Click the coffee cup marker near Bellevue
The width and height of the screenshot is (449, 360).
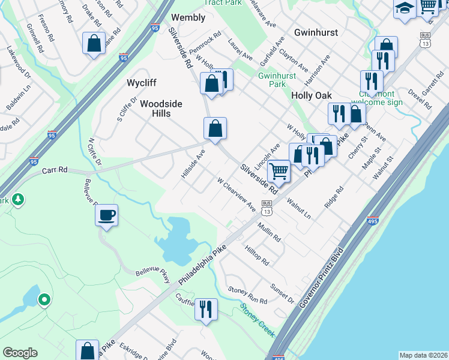tap(107, 215)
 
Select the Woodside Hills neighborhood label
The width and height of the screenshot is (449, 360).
tap(161, 108)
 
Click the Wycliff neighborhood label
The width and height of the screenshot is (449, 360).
tap(142, 82)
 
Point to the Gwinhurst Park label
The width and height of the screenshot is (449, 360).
tap(272, 80)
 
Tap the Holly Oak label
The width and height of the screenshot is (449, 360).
tap(311, 95)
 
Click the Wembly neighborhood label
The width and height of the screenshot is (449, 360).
tap(189, 17)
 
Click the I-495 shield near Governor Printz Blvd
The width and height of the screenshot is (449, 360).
tap(373, 221)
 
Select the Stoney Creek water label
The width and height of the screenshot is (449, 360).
tap(258, 319)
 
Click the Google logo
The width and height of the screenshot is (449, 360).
tap(20, 353)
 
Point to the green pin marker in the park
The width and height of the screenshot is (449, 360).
tap(44, 299)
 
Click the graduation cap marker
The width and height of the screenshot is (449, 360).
tap(405, 8)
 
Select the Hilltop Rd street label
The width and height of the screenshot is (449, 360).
tap(256, 254)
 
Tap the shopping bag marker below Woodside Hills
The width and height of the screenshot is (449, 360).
tap(215, 127)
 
